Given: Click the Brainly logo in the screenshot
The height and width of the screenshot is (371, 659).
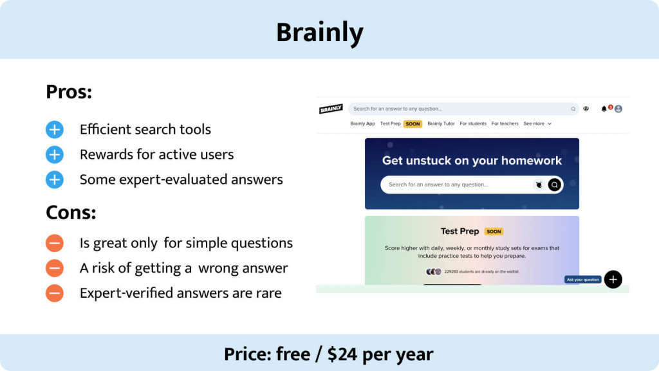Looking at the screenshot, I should click(x=331, y=109).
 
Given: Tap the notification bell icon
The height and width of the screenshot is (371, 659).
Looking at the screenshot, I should click(x=604, y=109).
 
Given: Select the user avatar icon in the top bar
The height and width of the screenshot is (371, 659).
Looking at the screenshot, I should click(x=618, y=109).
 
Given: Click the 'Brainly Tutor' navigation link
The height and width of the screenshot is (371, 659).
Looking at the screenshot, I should click(x=441, y=123).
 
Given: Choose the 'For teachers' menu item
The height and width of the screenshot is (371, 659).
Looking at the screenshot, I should click(x=505, y=123).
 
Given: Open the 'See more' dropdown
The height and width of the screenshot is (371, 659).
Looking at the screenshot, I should click(x=537, y=123).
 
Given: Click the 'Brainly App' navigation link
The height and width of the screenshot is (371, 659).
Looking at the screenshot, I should click(x=362, y=123).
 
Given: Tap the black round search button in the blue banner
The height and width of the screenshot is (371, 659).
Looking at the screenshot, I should click(x=554, y=185).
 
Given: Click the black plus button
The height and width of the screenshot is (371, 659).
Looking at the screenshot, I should click(x=613, y=279).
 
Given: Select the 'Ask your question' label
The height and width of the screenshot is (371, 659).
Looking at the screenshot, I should click(x=583, y=280).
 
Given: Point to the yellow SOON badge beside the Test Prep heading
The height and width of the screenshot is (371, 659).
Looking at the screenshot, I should click(x=494, y=231).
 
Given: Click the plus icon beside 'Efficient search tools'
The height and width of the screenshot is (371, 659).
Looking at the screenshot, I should click(x=55, y=130).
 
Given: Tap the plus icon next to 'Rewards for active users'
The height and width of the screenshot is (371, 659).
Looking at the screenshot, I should click(x=55, y=155).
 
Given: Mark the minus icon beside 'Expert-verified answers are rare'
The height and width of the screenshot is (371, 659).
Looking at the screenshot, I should click(x=55, y=294).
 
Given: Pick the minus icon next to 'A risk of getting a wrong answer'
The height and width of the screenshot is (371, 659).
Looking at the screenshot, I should click(x=55, y=268).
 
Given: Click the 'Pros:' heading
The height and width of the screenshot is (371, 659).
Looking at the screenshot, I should click(x=69, y=92).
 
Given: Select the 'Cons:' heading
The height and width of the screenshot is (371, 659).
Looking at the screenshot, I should click(x=71, y=212).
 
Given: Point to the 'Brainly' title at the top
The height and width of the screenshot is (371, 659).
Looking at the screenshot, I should click(x=320, y=32).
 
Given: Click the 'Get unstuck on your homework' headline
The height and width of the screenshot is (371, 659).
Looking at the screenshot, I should click(x=472, y=161).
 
